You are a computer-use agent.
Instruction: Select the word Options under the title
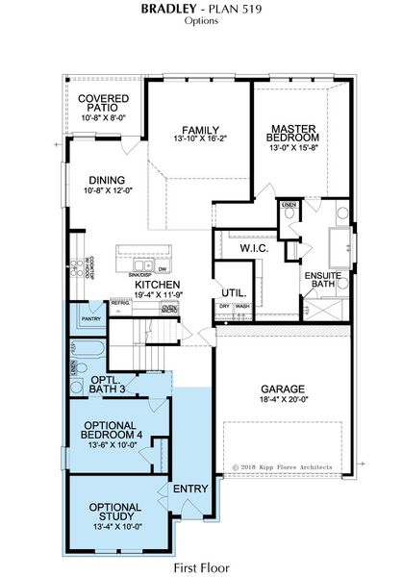pos(201,20)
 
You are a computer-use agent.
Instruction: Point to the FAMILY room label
pos(201,131)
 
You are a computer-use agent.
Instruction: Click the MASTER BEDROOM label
pos(293,135)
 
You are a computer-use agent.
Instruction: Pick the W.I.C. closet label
pos(254,248)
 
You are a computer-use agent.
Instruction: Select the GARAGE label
pos(283,389)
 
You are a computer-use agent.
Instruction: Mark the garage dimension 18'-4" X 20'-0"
pos(283,403)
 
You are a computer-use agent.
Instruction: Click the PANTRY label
pos(91,318)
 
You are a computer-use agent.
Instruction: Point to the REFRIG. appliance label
pos(120,303)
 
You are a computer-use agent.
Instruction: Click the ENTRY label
pos(190,489)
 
